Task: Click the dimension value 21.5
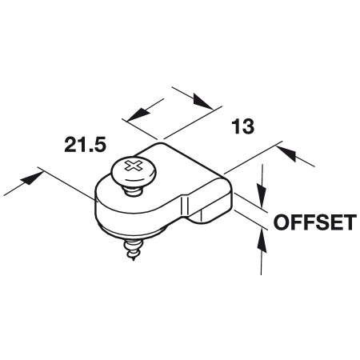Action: (86, 145)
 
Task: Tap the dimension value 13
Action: (242, 126)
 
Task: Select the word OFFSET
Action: (315, 222)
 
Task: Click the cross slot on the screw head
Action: (134, 166)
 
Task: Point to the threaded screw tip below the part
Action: (134, 250)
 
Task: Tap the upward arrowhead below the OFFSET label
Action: (262, 242)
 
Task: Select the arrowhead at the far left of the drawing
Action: (32, 178)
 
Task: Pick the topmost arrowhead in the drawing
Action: (203, 101)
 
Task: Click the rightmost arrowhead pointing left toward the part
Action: (287, 153)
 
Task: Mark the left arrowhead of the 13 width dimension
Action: (138, 114)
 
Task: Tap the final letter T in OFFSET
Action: (350, 222)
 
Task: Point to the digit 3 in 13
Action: (248, 126)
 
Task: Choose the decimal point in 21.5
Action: (91, 150)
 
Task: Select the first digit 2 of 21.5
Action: (70, 145)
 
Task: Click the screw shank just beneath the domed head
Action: (133, 191)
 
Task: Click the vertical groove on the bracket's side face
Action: (185, 207)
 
